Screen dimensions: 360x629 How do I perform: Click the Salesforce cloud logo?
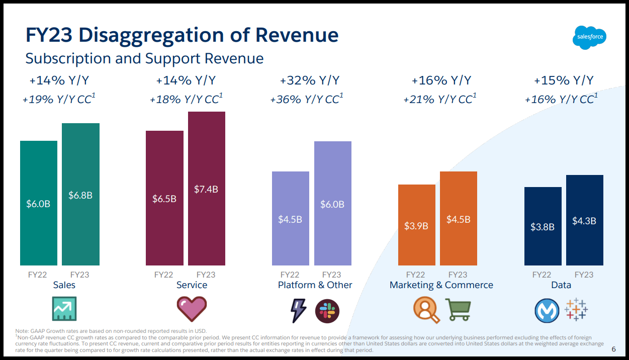(x=590, y=37)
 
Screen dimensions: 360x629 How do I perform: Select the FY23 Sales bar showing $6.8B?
(x=80, y=194)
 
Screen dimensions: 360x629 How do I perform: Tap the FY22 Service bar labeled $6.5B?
(x=164, y=198)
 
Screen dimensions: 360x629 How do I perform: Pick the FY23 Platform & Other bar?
(x=332, y=203)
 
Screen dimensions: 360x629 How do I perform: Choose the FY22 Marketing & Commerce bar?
(x=416, y=225)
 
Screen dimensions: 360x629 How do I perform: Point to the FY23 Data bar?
(x=584, y=220)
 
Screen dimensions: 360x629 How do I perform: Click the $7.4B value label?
(x=206, y=190)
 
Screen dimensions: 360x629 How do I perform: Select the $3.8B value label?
(x=543, y=227)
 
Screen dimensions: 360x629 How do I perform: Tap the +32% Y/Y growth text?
(x=309, y=80)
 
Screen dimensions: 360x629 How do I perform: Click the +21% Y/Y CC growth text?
(x=439, y=99)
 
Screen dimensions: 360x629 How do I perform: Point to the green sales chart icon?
(x=64, y=309)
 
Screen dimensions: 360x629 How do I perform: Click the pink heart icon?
(x=192, y=309)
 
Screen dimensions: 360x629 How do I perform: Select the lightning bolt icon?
(x=299, y=310)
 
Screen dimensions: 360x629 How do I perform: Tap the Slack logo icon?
(x=327, y=310)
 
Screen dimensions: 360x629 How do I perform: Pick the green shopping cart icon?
(x=458, y=310)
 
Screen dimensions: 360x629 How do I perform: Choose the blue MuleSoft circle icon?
(x=547, y=310)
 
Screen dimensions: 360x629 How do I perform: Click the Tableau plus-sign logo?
(x=576, y=309)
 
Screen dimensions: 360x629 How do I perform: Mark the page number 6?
(x=613, y=349)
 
